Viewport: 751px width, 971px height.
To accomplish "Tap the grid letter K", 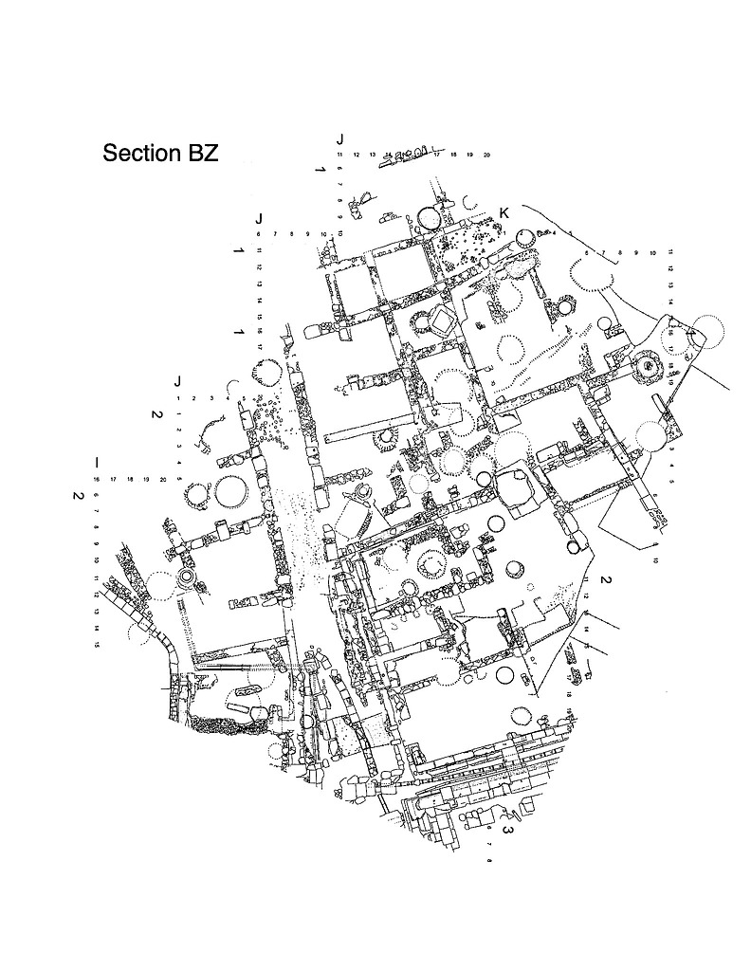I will point(504,213).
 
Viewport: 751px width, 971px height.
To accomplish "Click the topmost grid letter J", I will point(339,139).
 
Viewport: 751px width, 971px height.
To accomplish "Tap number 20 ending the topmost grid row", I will point(486,154).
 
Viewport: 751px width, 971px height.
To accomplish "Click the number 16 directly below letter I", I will point(97,480).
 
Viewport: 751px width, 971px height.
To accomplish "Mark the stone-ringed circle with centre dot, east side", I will point(650,364).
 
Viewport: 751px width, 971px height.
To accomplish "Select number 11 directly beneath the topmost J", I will point(339,154).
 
